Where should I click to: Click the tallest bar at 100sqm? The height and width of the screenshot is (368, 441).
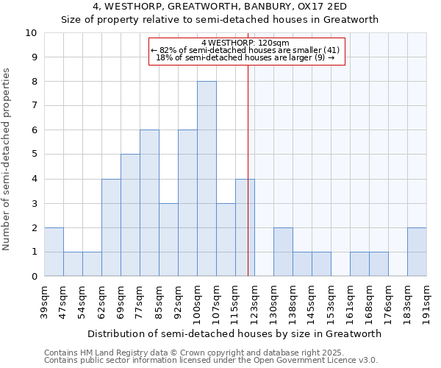pyautogui.click(x=207, y=179)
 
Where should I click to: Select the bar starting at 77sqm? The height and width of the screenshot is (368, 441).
pyautogui.click(x=149, y=203)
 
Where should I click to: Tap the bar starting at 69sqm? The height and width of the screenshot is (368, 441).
pyautogui.click(x=130, y=215)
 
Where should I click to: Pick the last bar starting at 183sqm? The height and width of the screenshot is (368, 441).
pyautogui.click(x=417, y=252)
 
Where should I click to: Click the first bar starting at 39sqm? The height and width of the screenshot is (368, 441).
pyautogui.click(x=54, y=252)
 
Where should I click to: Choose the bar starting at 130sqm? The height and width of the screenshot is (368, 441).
pyautogui.click(x=283, y=252)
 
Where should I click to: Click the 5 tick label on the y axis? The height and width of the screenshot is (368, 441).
pyautogui.click(x=34, y=155)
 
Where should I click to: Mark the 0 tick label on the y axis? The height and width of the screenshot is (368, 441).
pyautogui.click(x=34, y=277)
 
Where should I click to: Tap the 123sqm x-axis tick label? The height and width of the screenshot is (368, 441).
pyautogui.click(x=254, y=301)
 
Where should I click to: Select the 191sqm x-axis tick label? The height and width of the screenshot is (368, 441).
pyautogui.click(x=426, y=301)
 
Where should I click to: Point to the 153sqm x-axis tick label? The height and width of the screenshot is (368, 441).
pyautogui.click(x=331, y=301)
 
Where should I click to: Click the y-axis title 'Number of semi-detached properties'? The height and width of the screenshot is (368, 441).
pyautogui.click(x=7, y=159)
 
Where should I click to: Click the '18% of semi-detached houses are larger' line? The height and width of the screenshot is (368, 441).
pyautogui.click(x=245, y=57)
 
